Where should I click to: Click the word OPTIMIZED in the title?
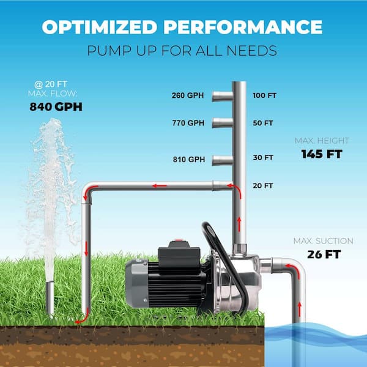[100, 27]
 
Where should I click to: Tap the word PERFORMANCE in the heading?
[243, 27]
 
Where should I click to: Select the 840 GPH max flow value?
[56, 106]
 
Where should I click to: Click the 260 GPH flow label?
[188, 95]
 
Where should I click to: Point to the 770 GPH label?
[188, 123]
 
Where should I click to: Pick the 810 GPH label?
[189, 160]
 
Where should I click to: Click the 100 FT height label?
[264, 95]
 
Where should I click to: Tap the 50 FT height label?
[263, 123]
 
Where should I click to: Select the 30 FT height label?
[263, 158]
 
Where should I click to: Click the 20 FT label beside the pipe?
[262, 186]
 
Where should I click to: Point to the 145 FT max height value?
[322, 154]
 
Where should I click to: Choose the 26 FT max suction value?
[324, 254]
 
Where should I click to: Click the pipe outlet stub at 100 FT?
[223, 96]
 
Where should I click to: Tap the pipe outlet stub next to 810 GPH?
[223, 160]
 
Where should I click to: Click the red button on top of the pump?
[179, 240]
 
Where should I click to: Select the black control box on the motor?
[179, 258]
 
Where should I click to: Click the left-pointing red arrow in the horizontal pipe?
[160, 186]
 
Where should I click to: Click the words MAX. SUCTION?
[323, 241]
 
